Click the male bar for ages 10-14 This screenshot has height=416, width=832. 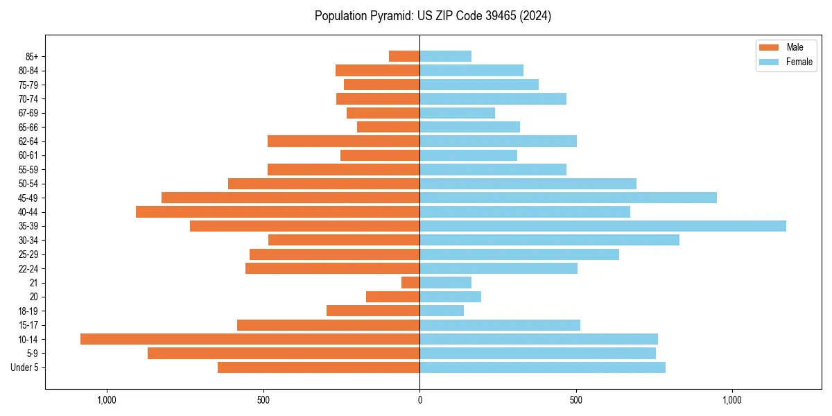[x=250, y=339]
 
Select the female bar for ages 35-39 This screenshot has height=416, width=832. [x=603, y=226]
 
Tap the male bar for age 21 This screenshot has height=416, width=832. [x=410, y=282]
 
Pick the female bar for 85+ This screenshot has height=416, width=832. [x=445, y=56]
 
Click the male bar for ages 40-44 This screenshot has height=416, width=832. [x=277, y=211]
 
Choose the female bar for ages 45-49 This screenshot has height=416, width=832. [x=568, y=198]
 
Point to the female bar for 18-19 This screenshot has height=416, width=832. [x=442, y=311]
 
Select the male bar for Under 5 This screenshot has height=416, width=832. [x=318, y=367]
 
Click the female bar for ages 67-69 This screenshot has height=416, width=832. [x=457, y=113]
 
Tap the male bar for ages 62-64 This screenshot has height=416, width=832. [x=343, y=141]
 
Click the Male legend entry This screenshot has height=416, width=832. [x=795, y=47]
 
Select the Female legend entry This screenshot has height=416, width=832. [x=799, y=62]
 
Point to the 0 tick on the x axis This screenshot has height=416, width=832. [x=419, y=400]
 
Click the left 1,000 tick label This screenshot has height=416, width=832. [x=107, y=400]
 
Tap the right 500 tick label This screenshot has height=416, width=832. [x=575, y=400]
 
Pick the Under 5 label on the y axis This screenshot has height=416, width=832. [x=24, y=367]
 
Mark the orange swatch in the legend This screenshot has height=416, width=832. [x=769, y=47]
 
